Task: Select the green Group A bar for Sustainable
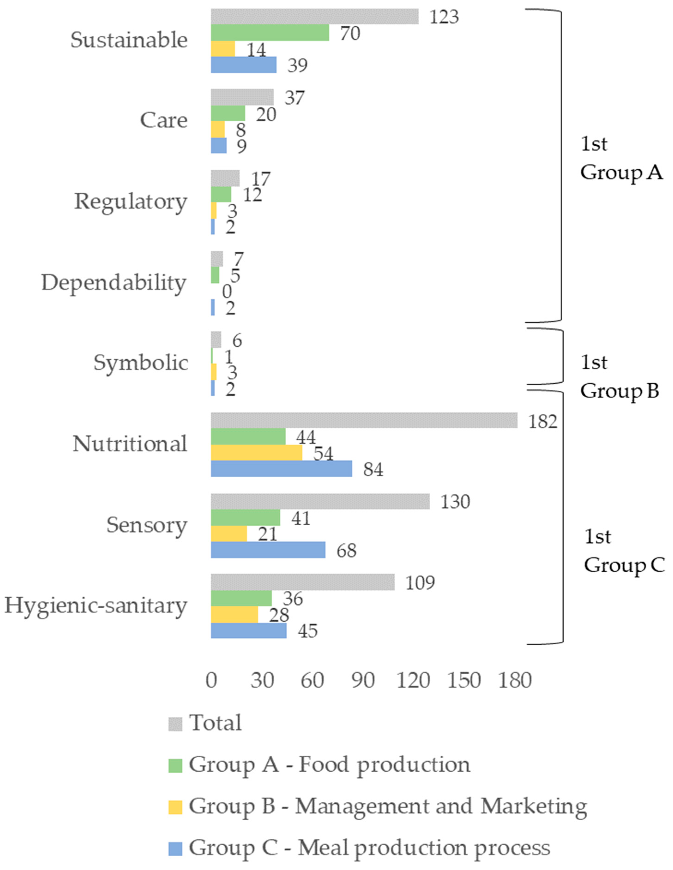point(270,33)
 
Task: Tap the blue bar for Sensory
point(268,550)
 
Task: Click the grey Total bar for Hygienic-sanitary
point(303,582)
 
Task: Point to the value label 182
point(542,422)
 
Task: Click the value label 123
point(444,17)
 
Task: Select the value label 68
point(346,550)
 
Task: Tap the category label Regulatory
point(130,202)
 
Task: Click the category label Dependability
point(114,283)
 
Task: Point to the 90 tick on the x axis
point(363,680)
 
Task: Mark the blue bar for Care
point(218,146)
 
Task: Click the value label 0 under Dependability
point(226,292)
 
